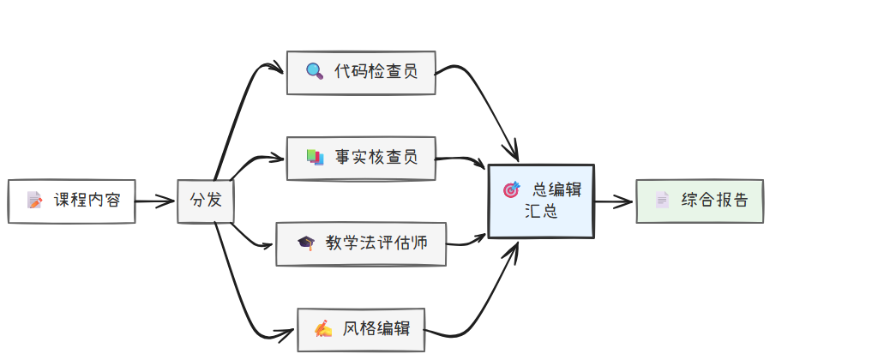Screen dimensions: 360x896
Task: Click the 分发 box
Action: (205, 201)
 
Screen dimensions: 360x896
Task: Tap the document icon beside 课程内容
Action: (34, 201)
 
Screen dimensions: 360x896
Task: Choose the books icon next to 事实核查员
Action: (315, 158)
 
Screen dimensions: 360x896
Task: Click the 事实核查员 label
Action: (376, 158)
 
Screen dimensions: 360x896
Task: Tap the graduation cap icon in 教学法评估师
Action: (305, 243)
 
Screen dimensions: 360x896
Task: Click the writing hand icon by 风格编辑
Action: (322, 329)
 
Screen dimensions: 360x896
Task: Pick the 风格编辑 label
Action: (376, 329)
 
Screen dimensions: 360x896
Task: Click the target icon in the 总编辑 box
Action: (512, 189)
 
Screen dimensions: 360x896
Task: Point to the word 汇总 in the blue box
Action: (541, 212)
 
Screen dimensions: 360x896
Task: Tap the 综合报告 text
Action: (714, 201)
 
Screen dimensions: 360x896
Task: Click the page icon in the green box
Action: (662, 201)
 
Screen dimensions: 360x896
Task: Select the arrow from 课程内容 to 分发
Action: (155, 202)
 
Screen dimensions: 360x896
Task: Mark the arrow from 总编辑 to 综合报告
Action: (614, 202)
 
